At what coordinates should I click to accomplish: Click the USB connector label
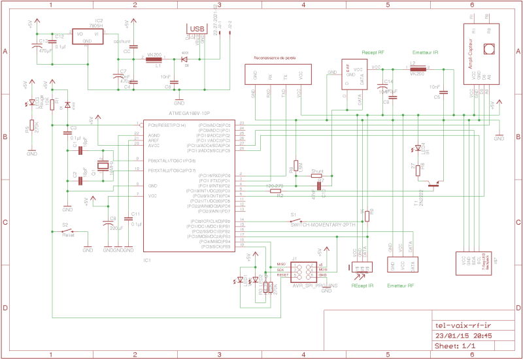tap(196, 29)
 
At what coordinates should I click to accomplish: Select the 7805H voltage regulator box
tap(87, 37)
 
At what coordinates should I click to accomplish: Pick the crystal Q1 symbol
tap(103, 168)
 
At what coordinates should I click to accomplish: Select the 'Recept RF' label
tap(373, 52)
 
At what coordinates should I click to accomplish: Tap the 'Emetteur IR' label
tap(426, 52)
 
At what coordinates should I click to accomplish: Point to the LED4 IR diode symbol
tap(418, 148)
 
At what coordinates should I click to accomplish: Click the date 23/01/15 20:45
tap(463, 335)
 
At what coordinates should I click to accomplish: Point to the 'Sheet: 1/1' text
tap(454, 346)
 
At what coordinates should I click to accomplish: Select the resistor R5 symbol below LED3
tap(31, 127)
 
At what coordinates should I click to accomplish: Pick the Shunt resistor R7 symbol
tap(318, 176)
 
